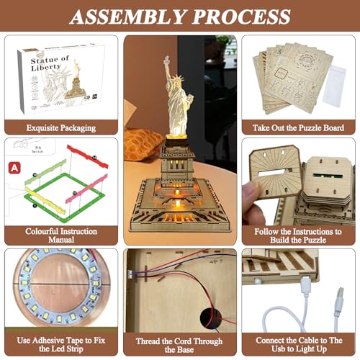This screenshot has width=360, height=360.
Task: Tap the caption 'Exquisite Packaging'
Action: pos(60,127)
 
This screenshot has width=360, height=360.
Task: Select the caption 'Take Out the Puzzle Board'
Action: pos(299,127)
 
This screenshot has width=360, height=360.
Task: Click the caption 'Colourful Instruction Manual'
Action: pos(60,233)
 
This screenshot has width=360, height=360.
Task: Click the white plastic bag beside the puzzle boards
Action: pos(334,89)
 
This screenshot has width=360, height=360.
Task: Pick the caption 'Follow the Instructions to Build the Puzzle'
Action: pos(299,233)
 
